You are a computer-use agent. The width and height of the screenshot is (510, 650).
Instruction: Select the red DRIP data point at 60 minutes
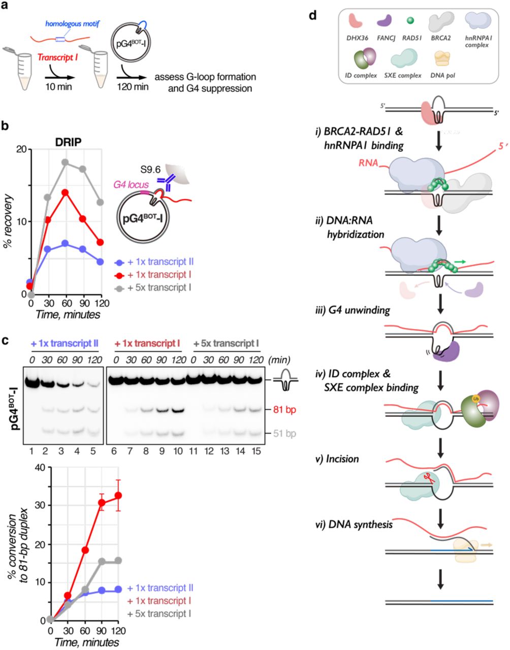coord(65,192)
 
